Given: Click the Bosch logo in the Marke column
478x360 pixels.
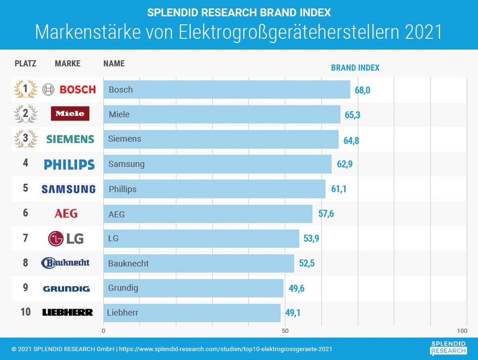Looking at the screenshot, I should click(69, 89).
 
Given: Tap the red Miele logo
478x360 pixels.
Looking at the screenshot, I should click(70, 114).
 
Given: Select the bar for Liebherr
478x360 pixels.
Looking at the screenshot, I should click(192, 313).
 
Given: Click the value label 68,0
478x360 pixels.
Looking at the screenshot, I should click(362, 90).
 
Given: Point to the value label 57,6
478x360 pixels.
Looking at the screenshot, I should click(326, 214).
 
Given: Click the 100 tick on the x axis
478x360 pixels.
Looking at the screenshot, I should click(462, 331).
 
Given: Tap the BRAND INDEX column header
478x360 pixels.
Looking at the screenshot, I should click(355, 68).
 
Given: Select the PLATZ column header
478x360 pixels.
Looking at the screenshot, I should click(25, 64).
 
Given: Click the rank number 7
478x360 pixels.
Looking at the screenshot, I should click(26, 238).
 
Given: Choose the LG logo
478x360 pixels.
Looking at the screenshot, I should click(66, 238).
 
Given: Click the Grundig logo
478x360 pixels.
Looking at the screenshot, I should click(66, 288).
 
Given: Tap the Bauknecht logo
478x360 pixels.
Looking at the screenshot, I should click(65, 263).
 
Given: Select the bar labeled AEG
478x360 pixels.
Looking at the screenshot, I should click(207, 214).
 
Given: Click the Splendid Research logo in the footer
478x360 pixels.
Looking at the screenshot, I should click(448, 348).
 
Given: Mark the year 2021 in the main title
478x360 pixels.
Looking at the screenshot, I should click(423, 32).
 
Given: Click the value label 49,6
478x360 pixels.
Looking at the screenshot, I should click(297, 288).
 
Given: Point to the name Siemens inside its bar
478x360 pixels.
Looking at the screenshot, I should click(125, 139).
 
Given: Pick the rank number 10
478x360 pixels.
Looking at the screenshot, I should click(26, 312).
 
